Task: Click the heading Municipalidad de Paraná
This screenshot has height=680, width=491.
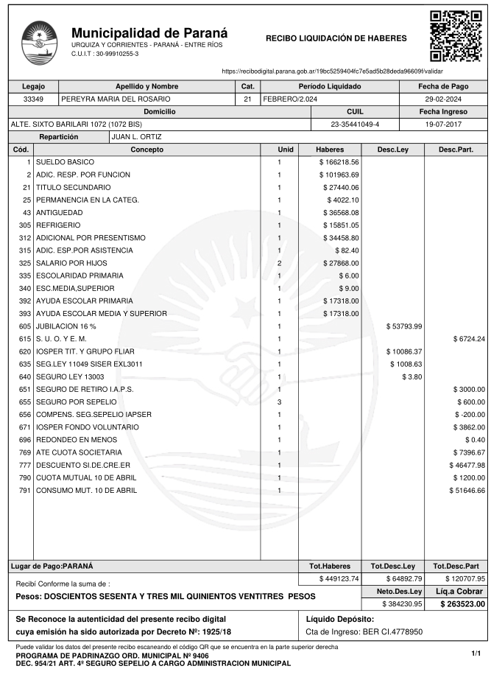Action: [149, 33]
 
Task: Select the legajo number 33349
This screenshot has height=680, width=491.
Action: [34, 99]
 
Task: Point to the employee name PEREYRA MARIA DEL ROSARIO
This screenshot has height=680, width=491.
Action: [116, 99]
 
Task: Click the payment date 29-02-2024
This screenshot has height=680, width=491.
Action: [444, 99]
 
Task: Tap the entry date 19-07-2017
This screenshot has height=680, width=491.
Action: [444, 124]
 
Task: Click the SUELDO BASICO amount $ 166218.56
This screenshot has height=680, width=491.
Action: [339, 161]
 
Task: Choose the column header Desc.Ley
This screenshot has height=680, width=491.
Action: [393, 150]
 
